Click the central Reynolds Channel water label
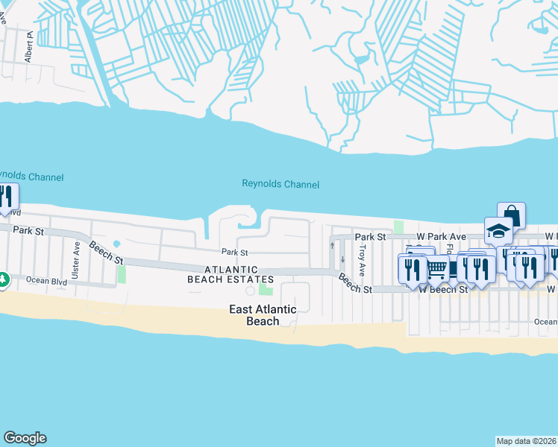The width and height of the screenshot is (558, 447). [280, 184]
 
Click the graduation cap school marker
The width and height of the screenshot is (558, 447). [498, 230]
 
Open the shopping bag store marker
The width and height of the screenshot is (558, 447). [511, 215]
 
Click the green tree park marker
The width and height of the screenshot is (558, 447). [3, 279]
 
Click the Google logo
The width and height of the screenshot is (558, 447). [25, 438]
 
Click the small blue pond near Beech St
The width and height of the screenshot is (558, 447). [116, 244]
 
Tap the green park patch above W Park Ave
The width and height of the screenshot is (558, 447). [398, 226]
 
